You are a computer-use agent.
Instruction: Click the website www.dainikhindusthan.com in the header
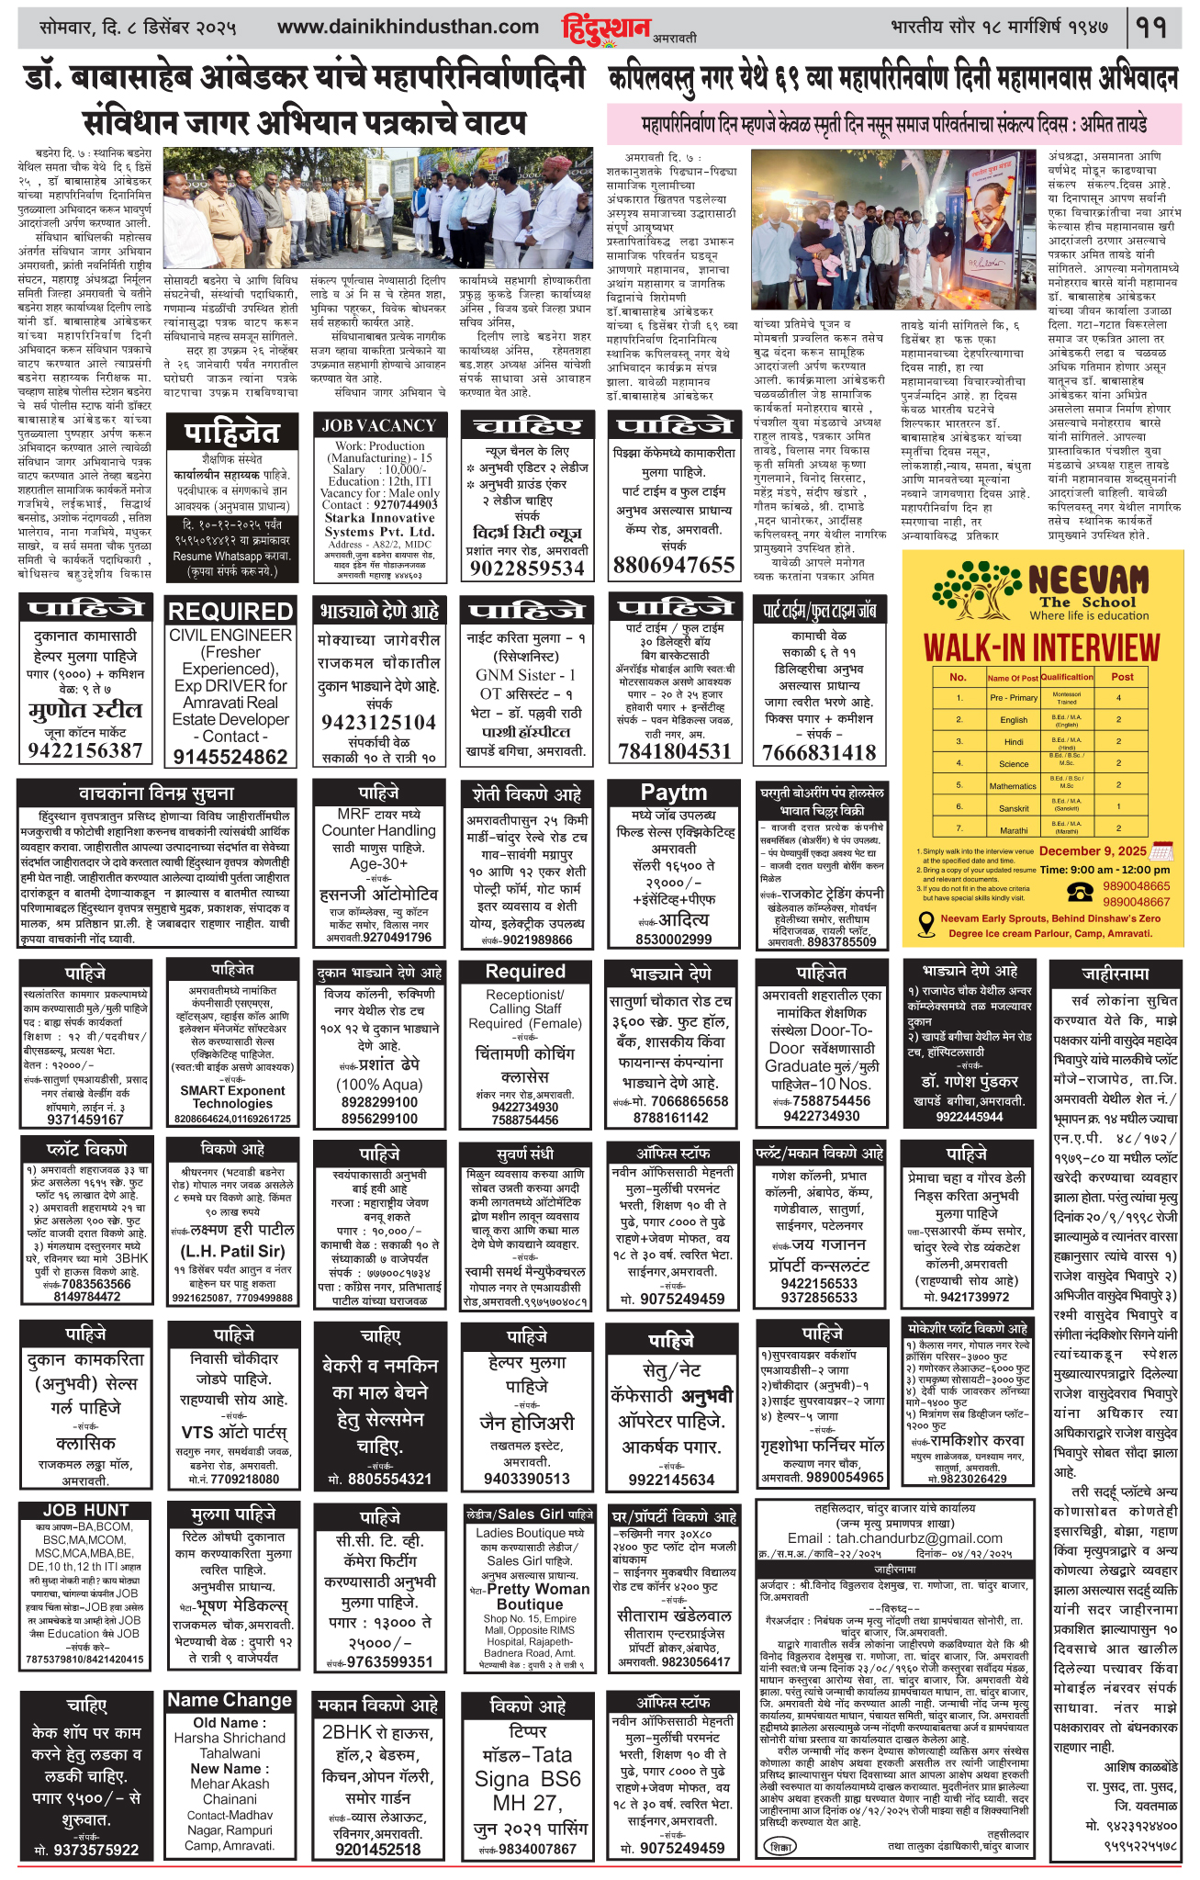coord(408,28)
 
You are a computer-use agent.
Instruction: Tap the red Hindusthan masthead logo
coord(606,28)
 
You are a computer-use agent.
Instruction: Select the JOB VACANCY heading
coord(378,425)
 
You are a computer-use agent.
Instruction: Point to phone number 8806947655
coord(674,565)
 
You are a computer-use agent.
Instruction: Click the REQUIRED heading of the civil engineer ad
coord(230,612)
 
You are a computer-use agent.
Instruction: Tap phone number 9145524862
coord(230,756)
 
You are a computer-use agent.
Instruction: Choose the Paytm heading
coord(674,793)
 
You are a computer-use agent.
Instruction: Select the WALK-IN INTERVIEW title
coord(1041,647)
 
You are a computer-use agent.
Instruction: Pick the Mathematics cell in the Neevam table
coord(1013,786)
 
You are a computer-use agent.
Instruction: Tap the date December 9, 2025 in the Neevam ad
coord(1093,850)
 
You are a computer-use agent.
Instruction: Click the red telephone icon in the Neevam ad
coord(1081,893)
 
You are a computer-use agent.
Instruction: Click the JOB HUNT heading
coord(85,1511)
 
